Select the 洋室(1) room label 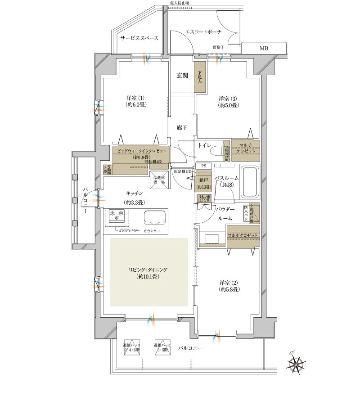[135, 101]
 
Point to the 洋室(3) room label [228, 102]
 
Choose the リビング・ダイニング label [148, 273]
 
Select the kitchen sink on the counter [154, 218]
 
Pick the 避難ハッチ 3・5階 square [162, 346]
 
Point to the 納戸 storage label [203, 181]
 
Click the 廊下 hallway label [181, 128]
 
